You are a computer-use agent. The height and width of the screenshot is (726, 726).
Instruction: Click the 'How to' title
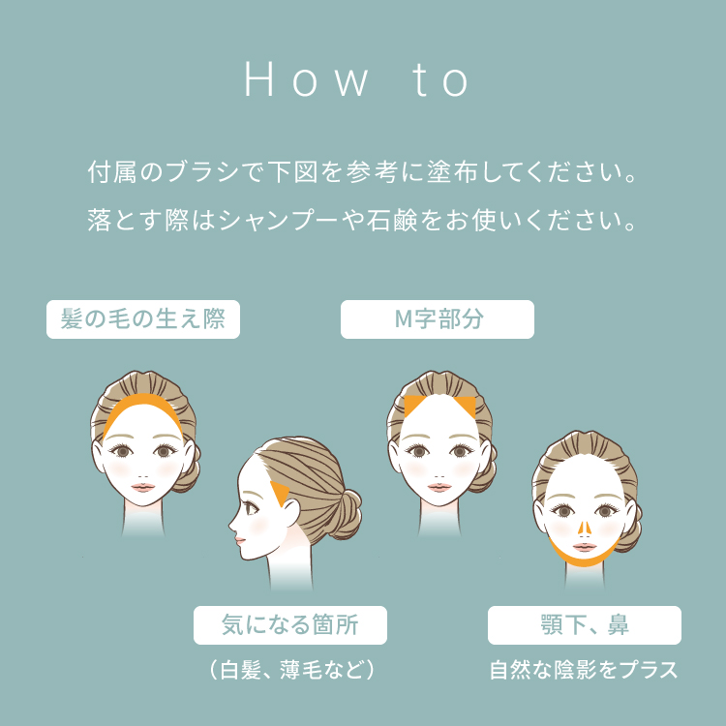358,82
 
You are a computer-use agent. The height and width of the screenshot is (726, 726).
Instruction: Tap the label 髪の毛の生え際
143,320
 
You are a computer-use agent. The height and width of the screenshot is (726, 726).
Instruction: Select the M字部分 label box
438,320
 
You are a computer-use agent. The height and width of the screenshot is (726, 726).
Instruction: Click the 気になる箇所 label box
290,625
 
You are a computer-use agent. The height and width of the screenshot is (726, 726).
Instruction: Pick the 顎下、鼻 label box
585,625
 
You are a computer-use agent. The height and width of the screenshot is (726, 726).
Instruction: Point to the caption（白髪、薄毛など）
290,670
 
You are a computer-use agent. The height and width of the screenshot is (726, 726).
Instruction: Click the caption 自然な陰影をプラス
584,670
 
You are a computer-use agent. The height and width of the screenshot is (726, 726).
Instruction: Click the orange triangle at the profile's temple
282,495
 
